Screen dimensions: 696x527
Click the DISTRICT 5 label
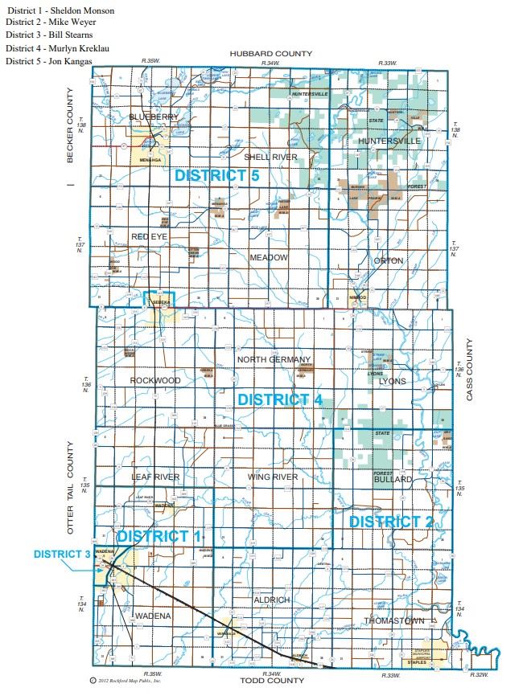coord(213,175)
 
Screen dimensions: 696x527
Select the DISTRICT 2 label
coord(391,522)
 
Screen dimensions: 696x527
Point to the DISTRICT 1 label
coord(159,536)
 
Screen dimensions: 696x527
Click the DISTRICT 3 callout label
coord(62,555)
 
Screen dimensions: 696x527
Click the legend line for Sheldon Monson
coord(60,10)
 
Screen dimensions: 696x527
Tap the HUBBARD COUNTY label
coord(270,54)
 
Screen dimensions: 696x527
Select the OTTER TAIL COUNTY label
coord(71,488)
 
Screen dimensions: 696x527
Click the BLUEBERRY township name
coord(154,117)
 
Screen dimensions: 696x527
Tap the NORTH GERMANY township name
coord(274,359)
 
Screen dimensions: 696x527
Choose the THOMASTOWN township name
coord(393,621)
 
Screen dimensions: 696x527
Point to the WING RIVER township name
coord(274,477)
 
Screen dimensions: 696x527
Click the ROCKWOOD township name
coord(155,380)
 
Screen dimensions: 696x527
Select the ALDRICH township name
coord(271,600)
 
